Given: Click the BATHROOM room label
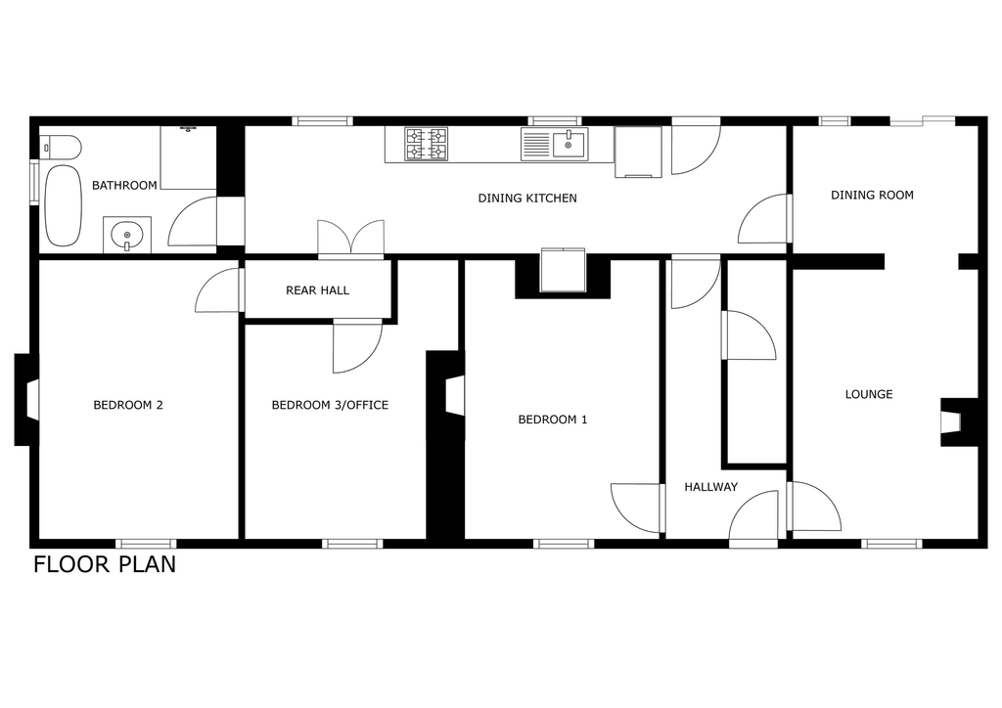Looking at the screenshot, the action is (124, 185).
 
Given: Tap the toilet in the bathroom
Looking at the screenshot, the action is (61, 148).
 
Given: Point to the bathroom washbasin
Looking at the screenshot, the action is (127, 235).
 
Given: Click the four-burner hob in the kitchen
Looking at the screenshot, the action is (427, 144).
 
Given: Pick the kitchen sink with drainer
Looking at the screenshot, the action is (554, 144).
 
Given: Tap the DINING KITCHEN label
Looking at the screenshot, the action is (527, 198).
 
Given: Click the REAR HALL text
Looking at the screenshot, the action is (318, 290).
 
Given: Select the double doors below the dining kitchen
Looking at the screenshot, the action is (351, 240).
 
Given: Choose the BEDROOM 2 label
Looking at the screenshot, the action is (128, 405).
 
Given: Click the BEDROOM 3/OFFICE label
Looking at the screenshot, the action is (330, 405).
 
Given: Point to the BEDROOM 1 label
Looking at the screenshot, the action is (552, 420).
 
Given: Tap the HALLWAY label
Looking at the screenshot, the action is (710, 487).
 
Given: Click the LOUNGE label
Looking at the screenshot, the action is (869, 394).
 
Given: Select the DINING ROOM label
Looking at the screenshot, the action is (872, 196).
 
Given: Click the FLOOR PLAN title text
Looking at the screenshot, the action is (105, 565).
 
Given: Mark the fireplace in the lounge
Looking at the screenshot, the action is (959, 422).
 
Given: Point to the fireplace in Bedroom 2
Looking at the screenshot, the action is (26, 400).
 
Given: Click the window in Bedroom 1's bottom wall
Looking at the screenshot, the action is (564, 544).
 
